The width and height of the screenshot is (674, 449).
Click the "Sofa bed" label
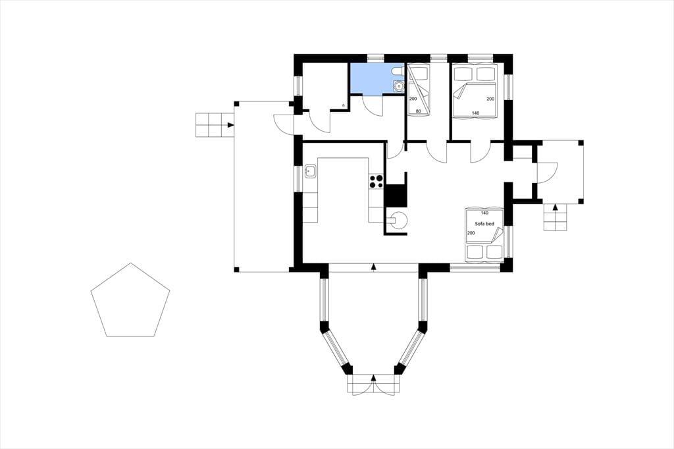pos(484,224)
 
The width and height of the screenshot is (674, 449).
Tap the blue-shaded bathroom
pos(372,78)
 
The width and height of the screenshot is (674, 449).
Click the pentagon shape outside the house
pos(130,300)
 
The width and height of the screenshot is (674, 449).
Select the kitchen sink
pos(310,171)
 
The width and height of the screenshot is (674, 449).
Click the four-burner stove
pos(376,181)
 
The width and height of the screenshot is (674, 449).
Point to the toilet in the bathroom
pos(397,70)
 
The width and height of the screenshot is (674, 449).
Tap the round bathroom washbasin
pos(398,87)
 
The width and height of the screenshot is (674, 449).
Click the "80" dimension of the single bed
pos(418,111)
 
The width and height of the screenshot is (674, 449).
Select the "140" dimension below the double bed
pos(475,113)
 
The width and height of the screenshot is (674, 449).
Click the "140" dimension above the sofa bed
pos(484,213)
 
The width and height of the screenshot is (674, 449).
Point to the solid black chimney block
pos(396,196)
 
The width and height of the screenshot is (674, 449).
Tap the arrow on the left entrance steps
pos(231,125)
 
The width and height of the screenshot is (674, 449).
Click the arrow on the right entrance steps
pos(555,208)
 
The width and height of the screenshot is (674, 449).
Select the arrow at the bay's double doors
pos(374,378)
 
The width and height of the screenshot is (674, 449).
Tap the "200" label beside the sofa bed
pos(471,233)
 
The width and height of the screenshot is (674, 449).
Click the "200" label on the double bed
pos(490,99)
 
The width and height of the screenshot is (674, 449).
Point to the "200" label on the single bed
pos(413,99)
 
